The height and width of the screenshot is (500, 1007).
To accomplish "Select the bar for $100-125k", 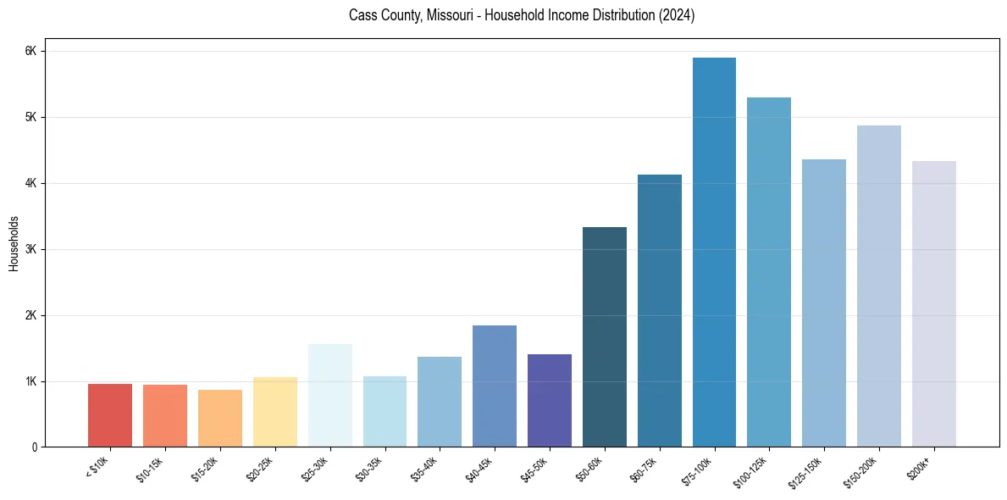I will point(769,272).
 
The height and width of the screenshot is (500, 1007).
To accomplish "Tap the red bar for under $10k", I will point(110,415).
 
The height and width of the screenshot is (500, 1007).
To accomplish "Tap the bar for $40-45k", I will point(495,386).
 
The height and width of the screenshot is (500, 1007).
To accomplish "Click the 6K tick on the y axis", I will point(31,51).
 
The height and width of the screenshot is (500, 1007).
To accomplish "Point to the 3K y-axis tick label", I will point(31,249).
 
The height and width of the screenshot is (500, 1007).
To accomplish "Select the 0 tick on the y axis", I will point(34,447).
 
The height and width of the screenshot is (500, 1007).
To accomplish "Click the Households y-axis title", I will point(14,243).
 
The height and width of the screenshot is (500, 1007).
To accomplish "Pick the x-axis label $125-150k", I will point(809,471).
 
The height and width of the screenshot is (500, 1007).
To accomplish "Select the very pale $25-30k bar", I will point(330,395).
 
